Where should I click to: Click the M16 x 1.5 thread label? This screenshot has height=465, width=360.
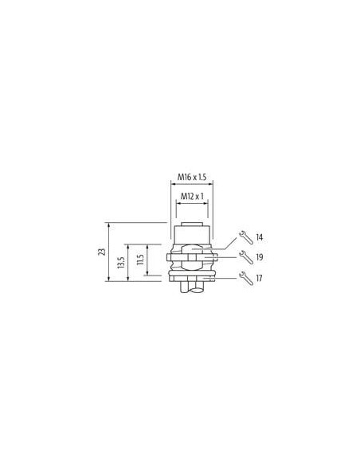[192, 177]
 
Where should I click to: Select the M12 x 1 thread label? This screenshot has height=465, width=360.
[192, 196]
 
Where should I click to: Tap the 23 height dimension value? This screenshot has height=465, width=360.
[102, 252]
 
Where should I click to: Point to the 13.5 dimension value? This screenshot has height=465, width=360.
[120, 263]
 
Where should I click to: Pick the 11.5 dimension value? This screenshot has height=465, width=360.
[140, 260]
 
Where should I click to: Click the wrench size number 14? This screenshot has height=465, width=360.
[260, 237]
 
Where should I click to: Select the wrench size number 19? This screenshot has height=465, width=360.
[260, 257]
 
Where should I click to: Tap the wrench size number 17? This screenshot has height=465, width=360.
[259, 279]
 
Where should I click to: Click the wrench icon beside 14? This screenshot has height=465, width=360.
[246, 237]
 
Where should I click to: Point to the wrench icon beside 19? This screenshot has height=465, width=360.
[246, 257]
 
